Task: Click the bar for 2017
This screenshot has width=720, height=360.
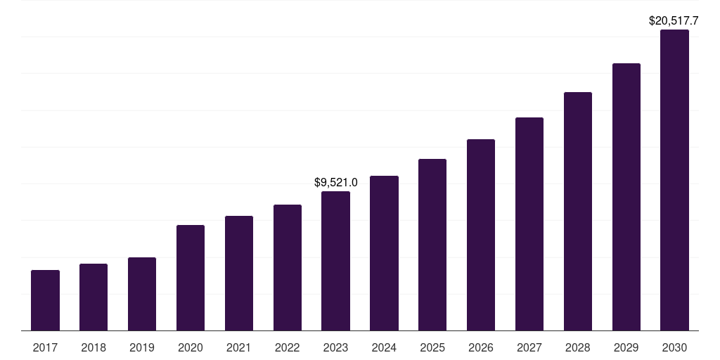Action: pos(45,300)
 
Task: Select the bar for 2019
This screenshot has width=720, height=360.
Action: pos(142,294)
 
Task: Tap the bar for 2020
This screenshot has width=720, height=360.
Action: pos(191,278)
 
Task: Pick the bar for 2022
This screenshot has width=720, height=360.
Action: pos(288,267)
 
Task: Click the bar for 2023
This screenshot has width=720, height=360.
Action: pos(335,261)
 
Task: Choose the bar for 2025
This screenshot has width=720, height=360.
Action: pos(432,245)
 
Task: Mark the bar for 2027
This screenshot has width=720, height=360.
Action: pos(529,224)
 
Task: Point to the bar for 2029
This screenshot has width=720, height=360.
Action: pos(626,197)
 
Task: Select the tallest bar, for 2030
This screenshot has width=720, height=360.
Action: pos(674,180)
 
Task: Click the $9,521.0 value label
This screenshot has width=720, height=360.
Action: pos(335,183)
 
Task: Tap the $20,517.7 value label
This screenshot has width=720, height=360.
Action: pos(673,21)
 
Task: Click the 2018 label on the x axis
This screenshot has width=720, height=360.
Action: pos(94,347)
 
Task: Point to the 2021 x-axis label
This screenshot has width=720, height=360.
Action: pos(239,347)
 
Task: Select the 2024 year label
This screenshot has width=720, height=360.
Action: pos(384,347)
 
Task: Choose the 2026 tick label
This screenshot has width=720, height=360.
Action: pos(481,347)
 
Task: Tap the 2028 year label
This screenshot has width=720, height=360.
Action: pos(578,347)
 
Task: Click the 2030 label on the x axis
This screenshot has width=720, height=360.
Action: pos(674,347)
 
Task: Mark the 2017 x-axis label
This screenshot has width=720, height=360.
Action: pos(45,347)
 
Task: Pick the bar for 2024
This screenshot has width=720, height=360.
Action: pos(384,253)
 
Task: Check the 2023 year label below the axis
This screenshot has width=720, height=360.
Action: pos(335,347)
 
